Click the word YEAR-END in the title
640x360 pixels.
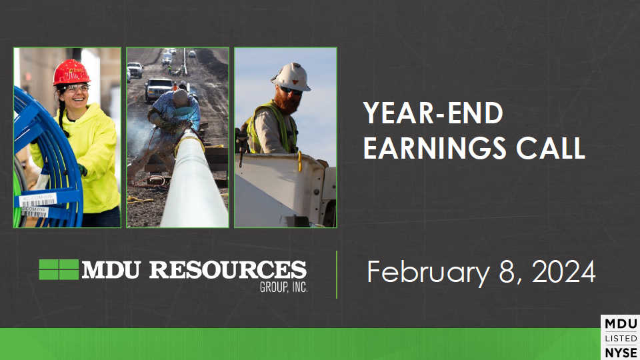pos(433,113)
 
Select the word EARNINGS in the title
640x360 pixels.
pos(435,148)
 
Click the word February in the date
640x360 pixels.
pos(428,273)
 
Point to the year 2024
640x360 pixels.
pos(564,271)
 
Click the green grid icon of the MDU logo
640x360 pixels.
pos(59,269)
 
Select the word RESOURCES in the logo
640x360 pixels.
pos(228,270)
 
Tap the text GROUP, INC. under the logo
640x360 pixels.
pos(284,287)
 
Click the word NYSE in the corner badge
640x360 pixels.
pos(621,353)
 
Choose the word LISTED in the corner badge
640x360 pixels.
pos(621,339)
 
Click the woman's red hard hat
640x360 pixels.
pos(71,72)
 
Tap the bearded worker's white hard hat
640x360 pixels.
pos(291,77)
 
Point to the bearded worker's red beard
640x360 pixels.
pos(289,101)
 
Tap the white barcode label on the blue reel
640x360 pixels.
pos(37,199)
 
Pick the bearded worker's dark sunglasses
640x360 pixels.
pos(291,90)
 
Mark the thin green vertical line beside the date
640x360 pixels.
pos(337,275)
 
